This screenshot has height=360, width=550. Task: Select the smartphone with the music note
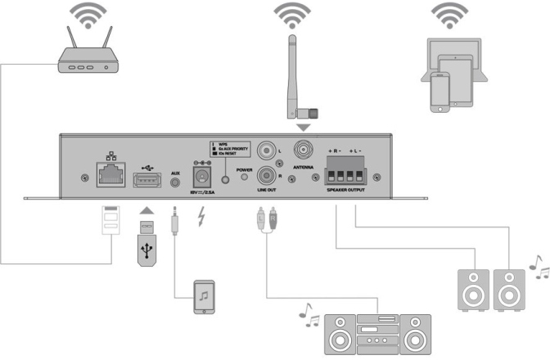[204, 296]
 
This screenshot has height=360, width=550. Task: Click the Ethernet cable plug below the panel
[110, 221]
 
